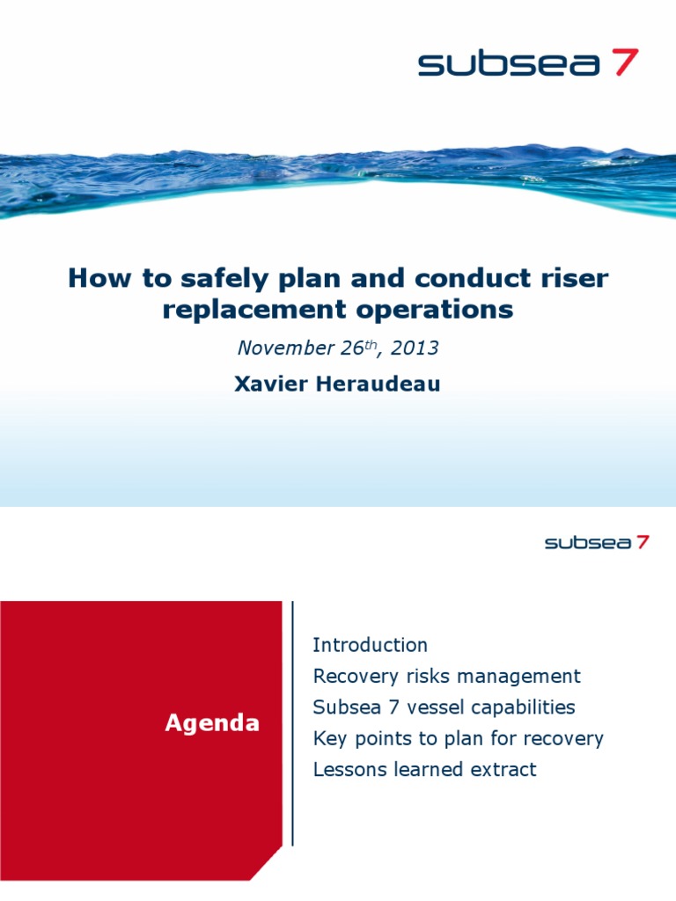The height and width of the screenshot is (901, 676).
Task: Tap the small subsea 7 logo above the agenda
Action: tap(596, 543)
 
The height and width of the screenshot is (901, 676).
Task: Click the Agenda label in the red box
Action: tap(212, 723)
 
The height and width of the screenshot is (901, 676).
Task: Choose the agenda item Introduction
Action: tap(370, 645)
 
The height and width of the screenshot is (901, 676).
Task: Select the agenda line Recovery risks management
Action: tap(446, 677)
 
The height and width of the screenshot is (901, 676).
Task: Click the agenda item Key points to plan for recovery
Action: tap(458, 738)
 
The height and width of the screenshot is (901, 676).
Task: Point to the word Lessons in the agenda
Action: tap(346, 769)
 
